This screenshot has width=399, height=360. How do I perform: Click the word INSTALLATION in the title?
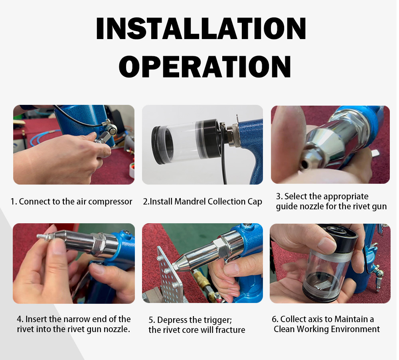point(201,28)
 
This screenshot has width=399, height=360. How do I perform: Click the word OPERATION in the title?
point(205,67)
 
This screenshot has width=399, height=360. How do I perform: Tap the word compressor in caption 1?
point(110,202)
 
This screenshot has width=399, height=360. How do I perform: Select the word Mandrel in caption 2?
point(190,201)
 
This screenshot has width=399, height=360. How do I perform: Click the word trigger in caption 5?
point(217,320)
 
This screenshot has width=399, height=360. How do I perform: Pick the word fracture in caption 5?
point(230,330)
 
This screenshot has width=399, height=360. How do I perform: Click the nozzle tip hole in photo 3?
point(303,164)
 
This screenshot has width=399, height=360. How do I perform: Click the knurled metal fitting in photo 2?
point(233,136)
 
